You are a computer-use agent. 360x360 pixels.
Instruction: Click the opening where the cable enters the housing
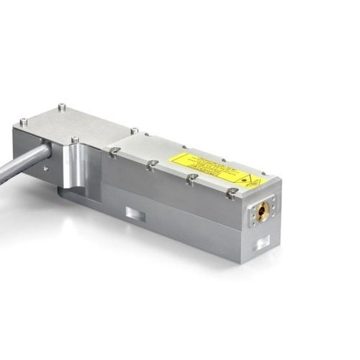[x=45, y=151]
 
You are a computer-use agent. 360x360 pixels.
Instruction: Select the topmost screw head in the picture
[x=61, y=107]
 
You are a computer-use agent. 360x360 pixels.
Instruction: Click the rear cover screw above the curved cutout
[x=74, y=139]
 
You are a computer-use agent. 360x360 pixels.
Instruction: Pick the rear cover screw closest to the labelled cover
[x=134, y=131]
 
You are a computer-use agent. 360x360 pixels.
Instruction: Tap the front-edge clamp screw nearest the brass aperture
[x=231, y=192]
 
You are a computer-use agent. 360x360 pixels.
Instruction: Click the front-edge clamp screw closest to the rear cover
[x=113, y=151]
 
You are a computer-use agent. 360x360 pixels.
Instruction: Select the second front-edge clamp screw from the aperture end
[x=192, y=178]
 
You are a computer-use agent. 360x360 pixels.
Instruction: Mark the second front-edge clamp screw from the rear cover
[x=152, y=165]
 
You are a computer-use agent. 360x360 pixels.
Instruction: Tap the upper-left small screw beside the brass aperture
[x=254, y=203]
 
